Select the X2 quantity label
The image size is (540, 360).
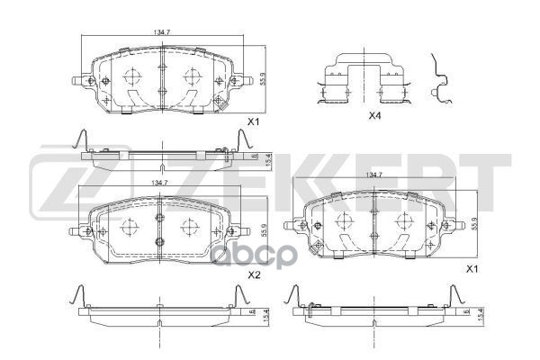click(254, 275)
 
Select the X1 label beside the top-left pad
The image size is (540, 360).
click(254, 121)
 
